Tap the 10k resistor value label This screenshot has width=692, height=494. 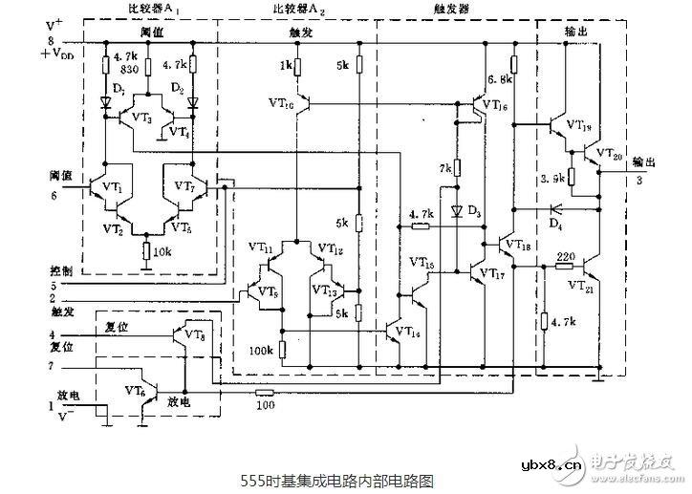click(x=161, y=252)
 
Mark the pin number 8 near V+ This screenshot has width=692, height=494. click(x=52, y=41)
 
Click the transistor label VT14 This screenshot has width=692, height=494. click(x=405, y=333)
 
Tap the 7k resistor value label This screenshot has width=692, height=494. click(x=445, y=168)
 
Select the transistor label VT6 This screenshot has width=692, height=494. click(x=136, y=390)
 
